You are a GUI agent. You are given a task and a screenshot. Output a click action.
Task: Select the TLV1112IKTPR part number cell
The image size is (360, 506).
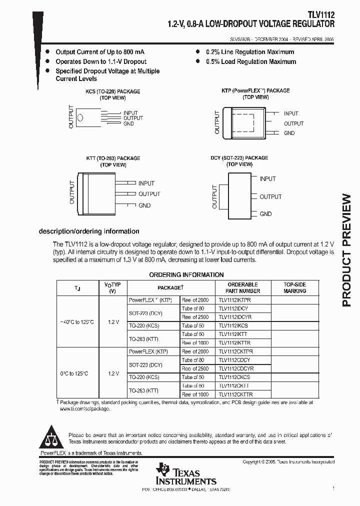[x=235, y=299]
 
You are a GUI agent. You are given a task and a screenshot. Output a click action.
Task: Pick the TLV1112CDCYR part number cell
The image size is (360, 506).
[x=235, y=368]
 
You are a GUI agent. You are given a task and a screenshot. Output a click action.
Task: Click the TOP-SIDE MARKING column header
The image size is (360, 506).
[x=294, y=287]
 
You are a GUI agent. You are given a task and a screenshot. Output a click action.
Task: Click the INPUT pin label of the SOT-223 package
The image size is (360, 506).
[x=267, y=178]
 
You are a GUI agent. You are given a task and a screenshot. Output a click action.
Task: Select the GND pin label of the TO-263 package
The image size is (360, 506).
[x=144, y=205]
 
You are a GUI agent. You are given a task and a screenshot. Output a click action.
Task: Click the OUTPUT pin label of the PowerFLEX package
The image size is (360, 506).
[x=293, y=123]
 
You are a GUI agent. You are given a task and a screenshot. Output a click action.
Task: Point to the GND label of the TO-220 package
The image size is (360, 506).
[x=128, y=123]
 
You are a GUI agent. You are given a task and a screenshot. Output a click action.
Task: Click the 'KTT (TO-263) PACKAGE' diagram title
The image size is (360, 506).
[x=113, y=158]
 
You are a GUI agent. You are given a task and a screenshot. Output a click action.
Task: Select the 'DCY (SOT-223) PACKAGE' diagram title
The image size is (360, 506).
[x=239, y=157]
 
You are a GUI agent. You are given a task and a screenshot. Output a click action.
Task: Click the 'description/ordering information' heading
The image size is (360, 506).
[x=89, y=231]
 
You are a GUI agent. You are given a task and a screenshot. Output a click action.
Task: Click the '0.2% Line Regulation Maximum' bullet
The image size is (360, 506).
[x=250, y=52]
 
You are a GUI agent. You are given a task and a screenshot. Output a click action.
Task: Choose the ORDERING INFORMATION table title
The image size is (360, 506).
[x=186, y=274]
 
